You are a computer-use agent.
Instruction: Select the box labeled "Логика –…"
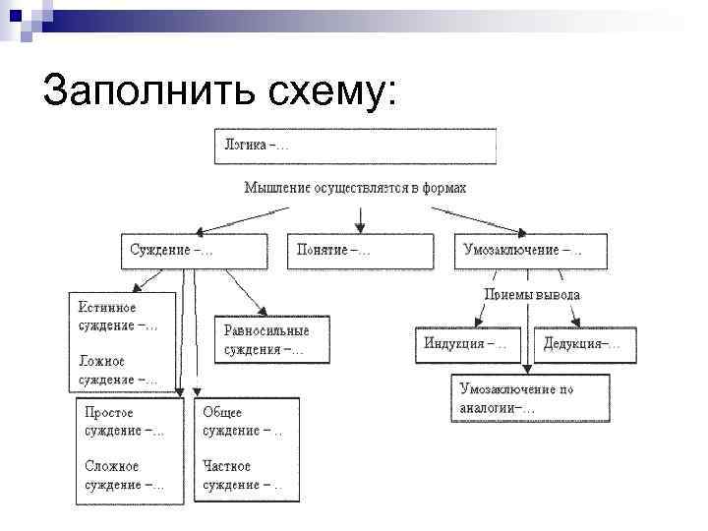(354, 147)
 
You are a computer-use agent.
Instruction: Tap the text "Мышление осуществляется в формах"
(355, 187)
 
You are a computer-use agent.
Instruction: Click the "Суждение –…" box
(194, 250)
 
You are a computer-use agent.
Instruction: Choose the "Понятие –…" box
(360, 250)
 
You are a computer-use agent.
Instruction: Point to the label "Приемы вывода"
(532, 294)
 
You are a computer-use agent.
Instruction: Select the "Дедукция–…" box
(588, 344)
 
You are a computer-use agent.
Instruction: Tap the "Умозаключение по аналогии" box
(530, 398)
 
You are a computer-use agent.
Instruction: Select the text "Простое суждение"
(125, 422)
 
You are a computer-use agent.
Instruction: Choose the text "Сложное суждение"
(125, 475)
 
